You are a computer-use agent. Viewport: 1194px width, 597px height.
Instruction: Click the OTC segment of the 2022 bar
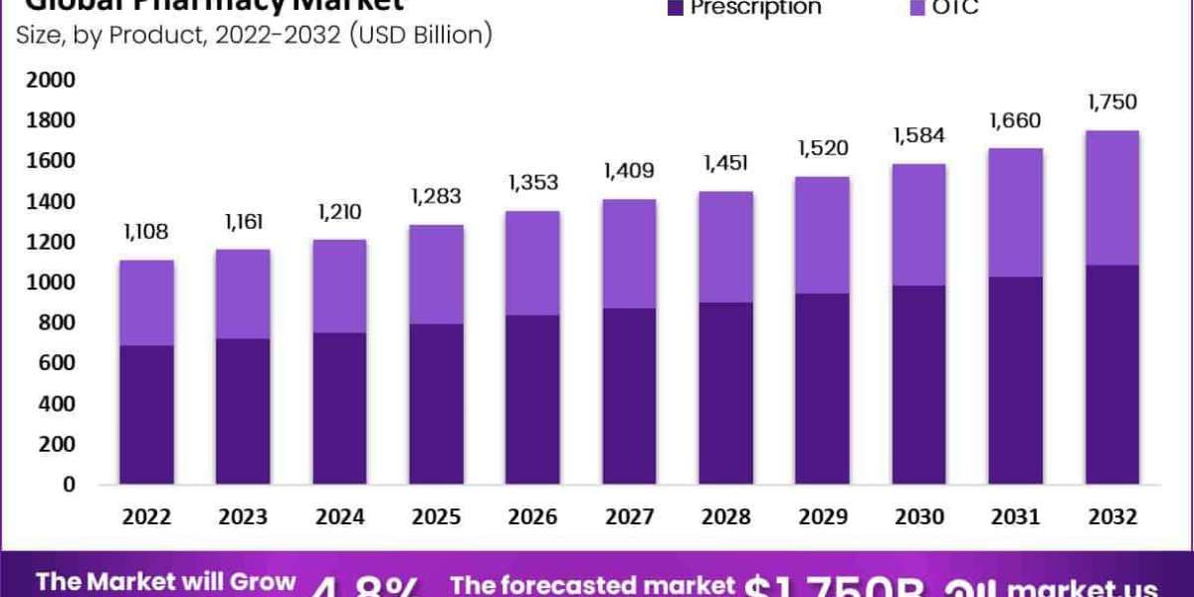[x=147, y=302]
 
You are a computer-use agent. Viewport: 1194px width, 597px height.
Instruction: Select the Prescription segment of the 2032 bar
[x=1111, y=374]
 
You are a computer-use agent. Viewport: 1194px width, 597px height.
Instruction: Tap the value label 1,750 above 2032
[x=1111, y=101]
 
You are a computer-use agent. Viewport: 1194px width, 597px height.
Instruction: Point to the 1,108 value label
[x=146, y=232]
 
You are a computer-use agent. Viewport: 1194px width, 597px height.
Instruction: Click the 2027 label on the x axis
[x=629, y=517]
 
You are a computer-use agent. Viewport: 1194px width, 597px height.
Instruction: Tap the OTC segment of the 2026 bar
[x=533, y=263]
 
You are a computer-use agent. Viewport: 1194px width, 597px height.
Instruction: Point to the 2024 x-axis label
[x=340, y=517]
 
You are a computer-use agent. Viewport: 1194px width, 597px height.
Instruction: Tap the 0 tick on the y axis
[x=67, y=485]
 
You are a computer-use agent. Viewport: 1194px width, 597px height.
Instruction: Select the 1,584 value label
[x=918, y=135]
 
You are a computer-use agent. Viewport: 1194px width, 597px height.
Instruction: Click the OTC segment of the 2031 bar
[x=1015, y=212]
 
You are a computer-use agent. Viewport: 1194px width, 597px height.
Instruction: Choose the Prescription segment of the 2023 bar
[x=244, y=411]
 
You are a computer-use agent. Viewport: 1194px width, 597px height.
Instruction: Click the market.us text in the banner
[x=1098, y=588]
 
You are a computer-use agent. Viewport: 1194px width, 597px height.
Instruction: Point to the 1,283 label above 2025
[x=437, y=196]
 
